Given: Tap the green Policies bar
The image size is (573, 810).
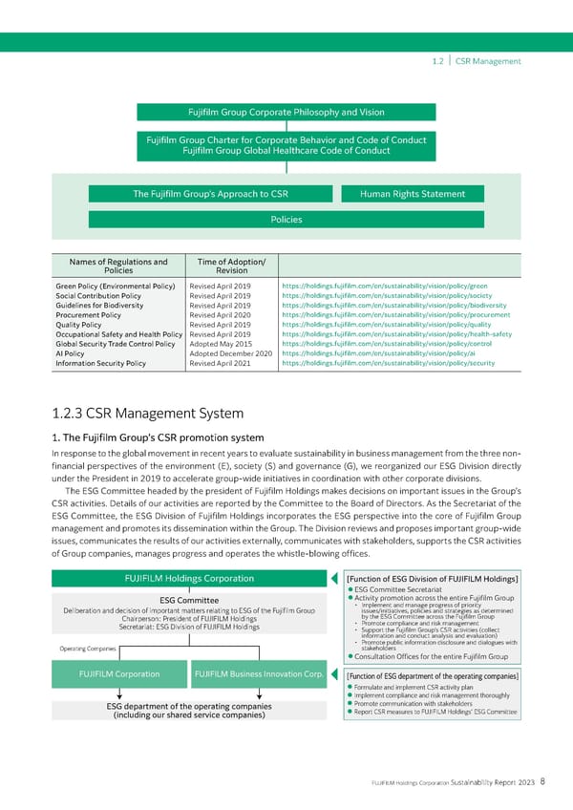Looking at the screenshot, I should click(x=286, y=220).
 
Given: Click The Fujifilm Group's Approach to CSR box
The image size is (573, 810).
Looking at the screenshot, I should click(x=211, y=194).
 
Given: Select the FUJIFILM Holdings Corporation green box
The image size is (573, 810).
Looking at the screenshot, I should click(x=189, y=578).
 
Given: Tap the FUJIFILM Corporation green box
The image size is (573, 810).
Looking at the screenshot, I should click(x=118, y=674).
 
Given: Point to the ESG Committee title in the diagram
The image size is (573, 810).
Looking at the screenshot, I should click(x=188, y=600).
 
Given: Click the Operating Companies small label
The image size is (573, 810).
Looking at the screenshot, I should click(x=88, y=650).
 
